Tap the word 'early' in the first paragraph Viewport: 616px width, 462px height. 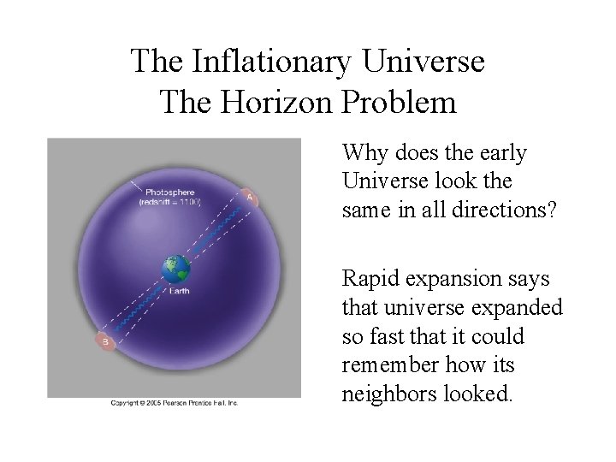tap(503, 153)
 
